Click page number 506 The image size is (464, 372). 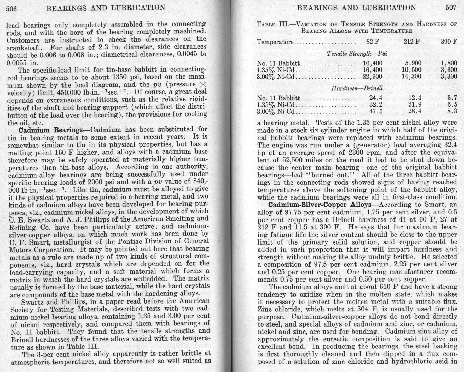(x=11, y=9)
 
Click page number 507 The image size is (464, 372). (x=451, y=7)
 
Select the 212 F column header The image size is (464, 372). (x=412, y=42)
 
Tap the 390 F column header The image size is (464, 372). (x=449, y=42)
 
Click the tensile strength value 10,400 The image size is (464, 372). (x=373, y=63)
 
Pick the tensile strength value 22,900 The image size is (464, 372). (x=373, y=77)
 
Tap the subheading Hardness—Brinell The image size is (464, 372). (x=357, y=88)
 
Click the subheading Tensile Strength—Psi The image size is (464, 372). (x=357, y=54)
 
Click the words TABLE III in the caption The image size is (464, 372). (x=272, y=24)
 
